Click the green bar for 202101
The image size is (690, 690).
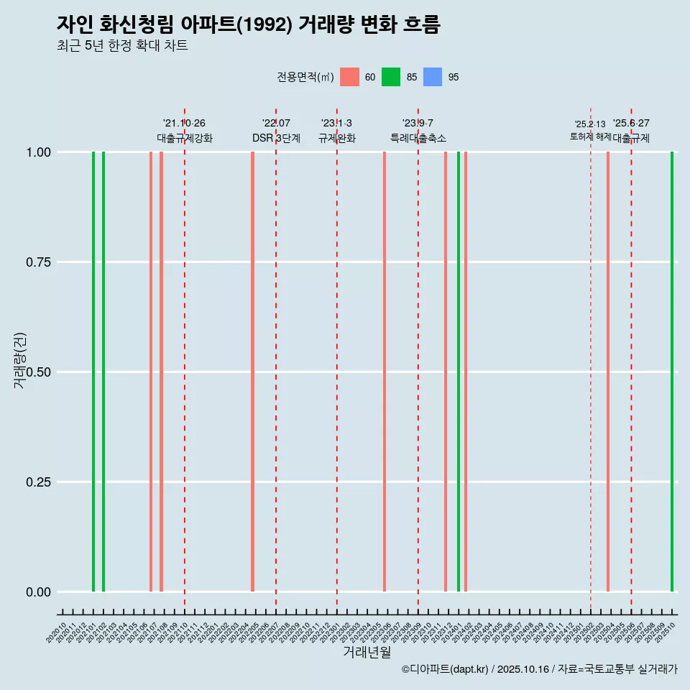tap(93, 372)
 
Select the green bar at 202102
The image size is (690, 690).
tap(103, 372)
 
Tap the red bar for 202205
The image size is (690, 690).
tap(252, 372)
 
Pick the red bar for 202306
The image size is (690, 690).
tap(385, 372)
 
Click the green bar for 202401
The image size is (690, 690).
tap(459, 372)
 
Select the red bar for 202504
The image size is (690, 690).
tap(608, 372)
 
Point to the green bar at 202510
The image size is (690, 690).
tap(672, 372)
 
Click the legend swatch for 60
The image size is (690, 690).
tap(349, 77)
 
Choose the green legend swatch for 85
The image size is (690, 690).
tap(391, 77)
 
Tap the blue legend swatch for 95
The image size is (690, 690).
tap(433, 77)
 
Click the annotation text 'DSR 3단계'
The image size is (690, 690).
tap(276, 138)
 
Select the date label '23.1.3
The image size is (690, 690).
tap(336, 124)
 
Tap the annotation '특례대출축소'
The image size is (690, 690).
tap(418, 138)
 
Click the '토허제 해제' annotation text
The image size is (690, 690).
tap(590, 137)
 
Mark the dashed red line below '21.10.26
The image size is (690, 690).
tap(185, 359)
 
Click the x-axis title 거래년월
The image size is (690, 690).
tap(367, 652)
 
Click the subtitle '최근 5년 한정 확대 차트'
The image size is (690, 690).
tap(122, 46)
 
